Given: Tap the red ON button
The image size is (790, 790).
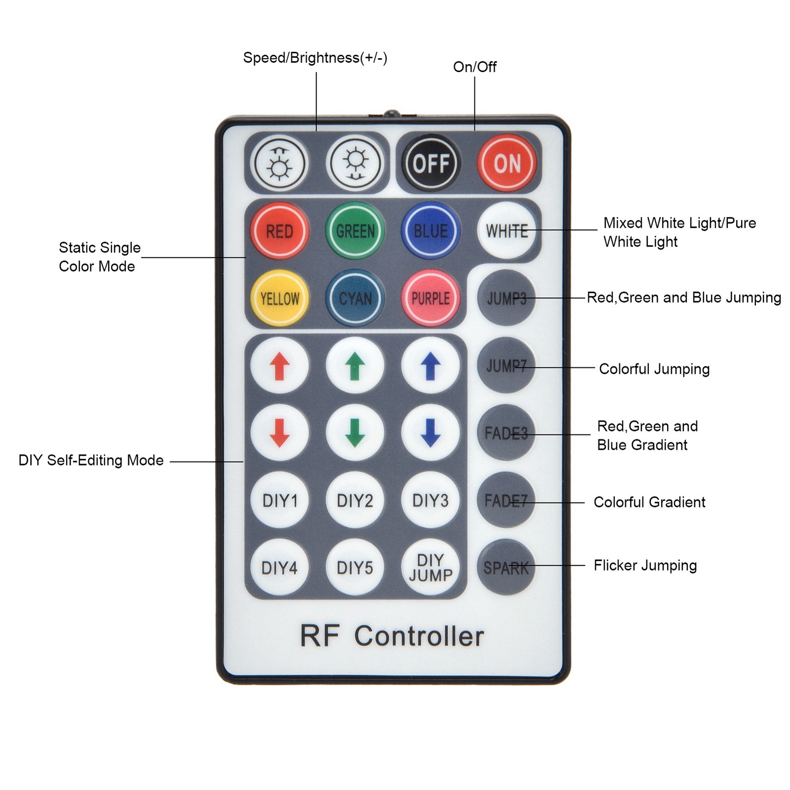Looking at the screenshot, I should click(x=507, y=163).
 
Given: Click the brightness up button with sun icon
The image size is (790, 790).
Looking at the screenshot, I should click(x=279, y=163).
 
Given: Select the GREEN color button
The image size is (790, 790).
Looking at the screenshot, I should click(x=355, y=231).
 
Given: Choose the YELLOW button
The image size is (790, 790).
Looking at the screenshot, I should click(x=279, y=298).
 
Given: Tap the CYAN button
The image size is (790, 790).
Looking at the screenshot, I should click(x=355, y=298).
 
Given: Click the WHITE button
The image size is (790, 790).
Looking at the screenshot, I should click(x=507, y=231).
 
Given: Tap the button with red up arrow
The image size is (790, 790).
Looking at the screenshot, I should click(x=279, y=366).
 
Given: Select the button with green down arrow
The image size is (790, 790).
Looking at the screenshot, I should click(x=355, y=433).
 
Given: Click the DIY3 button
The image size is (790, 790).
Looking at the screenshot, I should click(x=431, y=500).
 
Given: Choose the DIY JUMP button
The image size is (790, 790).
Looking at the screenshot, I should click(x=431, y=567).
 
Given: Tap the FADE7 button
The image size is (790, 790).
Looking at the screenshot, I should click(x=506, y=500).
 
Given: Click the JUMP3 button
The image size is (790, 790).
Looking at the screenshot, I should click(x=506, y=298).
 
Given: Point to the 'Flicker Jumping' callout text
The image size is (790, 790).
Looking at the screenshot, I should click(x=645, y=565).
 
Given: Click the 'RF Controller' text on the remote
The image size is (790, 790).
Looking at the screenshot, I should click(x=392, y=636).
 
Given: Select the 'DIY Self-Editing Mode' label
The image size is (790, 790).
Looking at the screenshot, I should click(x=91, y=460).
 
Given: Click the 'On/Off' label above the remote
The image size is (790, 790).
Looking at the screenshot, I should click(x=474, y=67).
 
